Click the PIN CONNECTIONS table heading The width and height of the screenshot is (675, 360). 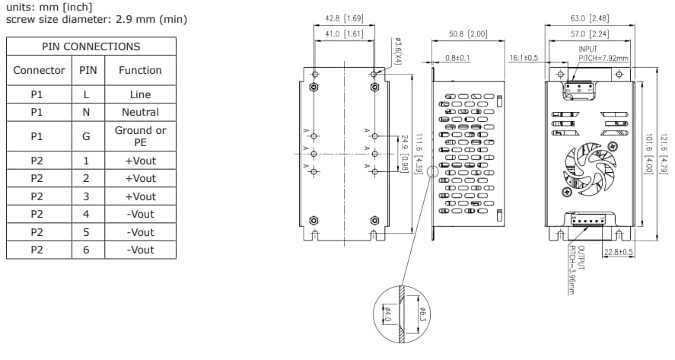click(91, 46)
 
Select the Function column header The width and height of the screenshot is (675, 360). click(140, 70)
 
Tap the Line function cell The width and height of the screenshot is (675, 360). click(140, 94)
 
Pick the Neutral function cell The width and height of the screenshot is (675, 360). click(140, 112)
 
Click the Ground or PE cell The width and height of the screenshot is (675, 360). click(140, 135)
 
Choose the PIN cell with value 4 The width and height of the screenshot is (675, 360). click(86, 214)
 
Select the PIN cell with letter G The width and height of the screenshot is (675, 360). click(86, 135)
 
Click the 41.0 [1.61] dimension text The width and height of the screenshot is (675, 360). click(343, 33)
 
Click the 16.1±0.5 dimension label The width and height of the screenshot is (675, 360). click(524, 57)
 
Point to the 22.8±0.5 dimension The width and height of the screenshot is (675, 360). click(619, 252)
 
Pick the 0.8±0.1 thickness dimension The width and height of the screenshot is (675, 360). click(458, 57)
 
